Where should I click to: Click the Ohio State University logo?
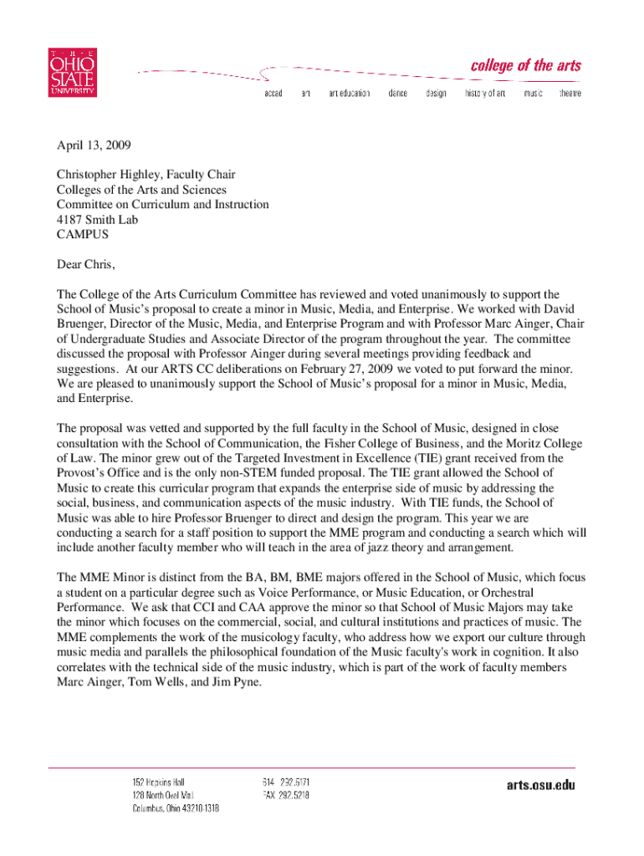(x=72, y=73)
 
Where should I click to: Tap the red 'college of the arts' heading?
(x=525, y=65)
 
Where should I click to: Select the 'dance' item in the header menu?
(x=397, y=94)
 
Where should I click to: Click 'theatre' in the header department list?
(x=570, y=94)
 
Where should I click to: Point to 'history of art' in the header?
(x=485, y=94)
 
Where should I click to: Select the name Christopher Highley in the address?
(x=106, y=175)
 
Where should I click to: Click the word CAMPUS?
(x=82, y=235)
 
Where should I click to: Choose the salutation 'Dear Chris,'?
(x=85, y=265)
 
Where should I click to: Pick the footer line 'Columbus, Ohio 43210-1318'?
(x=176, y=809)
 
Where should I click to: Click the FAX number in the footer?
(x=285, y=796)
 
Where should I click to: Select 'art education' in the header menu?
(x=349, y=94)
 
